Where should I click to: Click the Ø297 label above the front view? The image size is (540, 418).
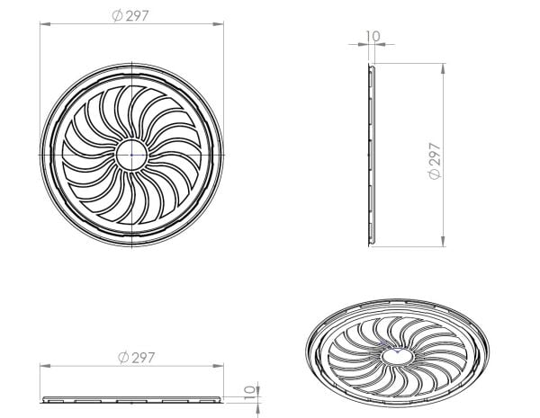coord(133,15)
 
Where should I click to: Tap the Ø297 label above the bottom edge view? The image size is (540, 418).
coord(136,358)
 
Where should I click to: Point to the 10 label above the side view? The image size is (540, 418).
coord(373,37)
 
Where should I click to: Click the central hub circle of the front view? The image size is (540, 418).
coord(133,154)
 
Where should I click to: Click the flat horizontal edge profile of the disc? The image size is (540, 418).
coord(133,397)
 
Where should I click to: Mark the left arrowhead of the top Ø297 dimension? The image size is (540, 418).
coord(43,25)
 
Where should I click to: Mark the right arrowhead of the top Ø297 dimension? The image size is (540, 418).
coord(222,25)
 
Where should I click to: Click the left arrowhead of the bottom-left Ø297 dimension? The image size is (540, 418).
coord(43,367)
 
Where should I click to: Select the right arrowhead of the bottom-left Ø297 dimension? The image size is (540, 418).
coord(222,367)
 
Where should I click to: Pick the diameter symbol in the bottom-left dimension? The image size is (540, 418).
coord(122,358)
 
